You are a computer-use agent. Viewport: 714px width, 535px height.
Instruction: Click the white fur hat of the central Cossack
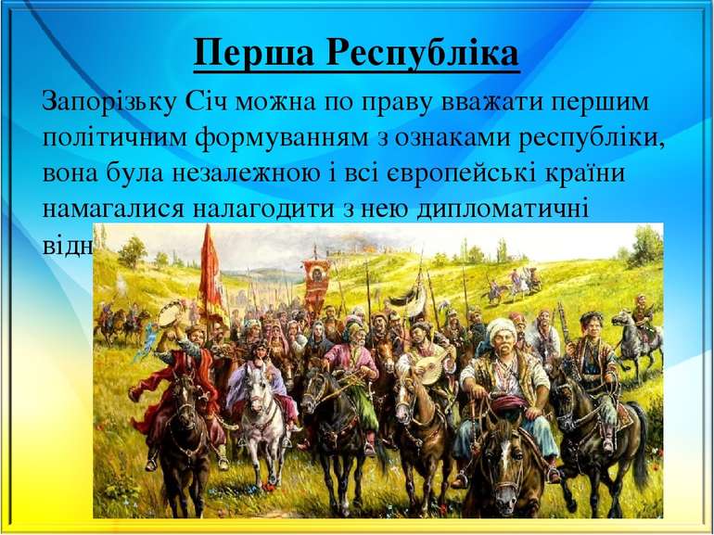click(x=502, y=326)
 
